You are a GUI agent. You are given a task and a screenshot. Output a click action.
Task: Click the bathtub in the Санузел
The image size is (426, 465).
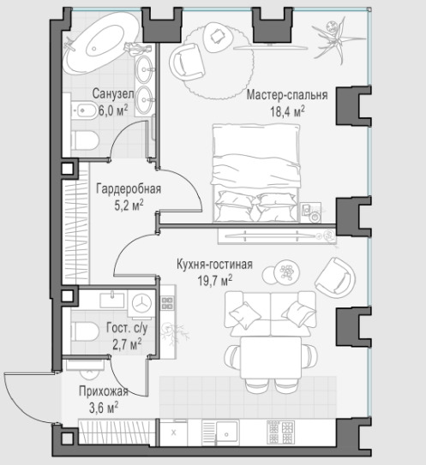[x=103, y=44]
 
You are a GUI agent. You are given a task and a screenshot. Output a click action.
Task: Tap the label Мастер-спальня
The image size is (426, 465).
[x=287, y=95]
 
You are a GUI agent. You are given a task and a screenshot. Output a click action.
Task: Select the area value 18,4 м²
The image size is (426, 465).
[x=287, y=111]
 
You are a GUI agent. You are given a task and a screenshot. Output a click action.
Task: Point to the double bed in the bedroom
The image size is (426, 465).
[x=256, y=173]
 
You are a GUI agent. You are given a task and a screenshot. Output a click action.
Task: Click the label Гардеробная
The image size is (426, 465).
[x=129, y=188]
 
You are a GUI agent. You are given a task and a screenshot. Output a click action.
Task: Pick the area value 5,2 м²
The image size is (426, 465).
[x=129, y=205]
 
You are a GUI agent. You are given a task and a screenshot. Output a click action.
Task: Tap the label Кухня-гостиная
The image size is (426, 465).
[x=214, y=264]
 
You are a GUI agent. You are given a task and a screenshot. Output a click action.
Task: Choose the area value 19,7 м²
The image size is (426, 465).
[x=215, y=280]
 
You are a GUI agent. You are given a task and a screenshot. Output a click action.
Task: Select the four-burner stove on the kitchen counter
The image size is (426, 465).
[x=281, y=432]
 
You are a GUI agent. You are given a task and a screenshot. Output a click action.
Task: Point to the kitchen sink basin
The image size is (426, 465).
[x=227, y=433]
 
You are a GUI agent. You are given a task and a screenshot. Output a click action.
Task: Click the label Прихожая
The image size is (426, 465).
[x=104, y=391]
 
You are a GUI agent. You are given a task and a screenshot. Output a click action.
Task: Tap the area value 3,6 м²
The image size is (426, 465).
[x=104, y=408]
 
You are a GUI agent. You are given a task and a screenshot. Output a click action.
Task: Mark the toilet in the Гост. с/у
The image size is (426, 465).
[x=84, y=332]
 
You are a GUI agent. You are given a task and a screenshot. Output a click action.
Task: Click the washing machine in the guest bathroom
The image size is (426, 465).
[x=141, y=303]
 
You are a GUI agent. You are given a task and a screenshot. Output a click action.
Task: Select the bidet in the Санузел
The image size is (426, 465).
[x=84, y=110]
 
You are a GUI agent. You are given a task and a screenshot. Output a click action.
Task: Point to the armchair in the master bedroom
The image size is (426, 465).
[x=188, y=62]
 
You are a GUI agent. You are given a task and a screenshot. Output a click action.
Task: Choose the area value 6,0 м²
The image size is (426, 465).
[x=113, y=110]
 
